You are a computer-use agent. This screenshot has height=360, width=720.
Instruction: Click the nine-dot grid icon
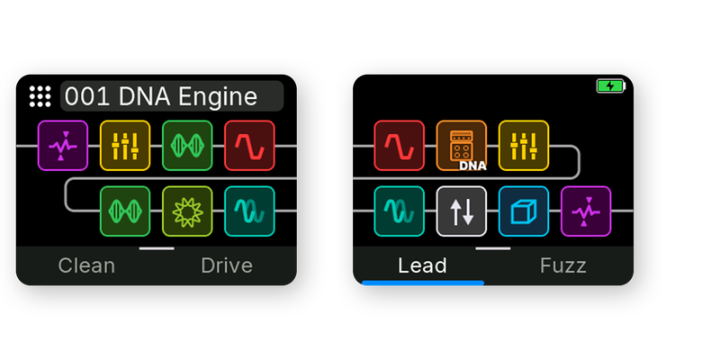(40, 96)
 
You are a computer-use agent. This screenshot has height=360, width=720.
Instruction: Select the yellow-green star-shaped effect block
(187, 211)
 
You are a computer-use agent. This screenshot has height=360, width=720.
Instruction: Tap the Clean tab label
(86, 265)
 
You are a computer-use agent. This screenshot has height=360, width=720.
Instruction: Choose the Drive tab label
(227, 265)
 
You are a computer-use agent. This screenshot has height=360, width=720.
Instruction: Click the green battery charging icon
(611, 85)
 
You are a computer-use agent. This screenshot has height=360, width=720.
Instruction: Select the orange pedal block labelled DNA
(462, 146)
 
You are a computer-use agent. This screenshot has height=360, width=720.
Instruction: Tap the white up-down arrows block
(462, 211)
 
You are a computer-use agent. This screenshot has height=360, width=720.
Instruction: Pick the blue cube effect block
(524, 211)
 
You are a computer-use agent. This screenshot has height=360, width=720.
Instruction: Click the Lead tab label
(422, 265)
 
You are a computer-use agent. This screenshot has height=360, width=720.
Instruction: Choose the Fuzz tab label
(563, 265)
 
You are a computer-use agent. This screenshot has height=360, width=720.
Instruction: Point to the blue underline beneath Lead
(423, 283)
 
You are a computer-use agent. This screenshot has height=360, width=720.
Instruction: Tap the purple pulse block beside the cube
(586, 211)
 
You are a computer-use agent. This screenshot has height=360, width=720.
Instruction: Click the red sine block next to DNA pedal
(399, 146)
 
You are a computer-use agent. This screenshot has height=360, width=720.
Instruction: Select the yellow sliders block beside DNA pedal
(524, 146)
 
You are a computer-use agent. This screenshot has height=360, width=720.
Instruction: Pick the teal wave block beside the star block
(250, 211)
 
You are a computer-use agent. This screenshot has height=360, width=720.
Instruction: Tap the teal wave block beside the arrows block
(399, 211)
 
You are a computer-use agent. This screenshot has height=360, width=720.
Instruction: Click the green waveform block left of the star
(125, 211)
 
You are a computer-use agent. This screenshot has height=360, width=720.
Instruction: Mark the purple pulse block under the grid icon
(63, 146)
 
